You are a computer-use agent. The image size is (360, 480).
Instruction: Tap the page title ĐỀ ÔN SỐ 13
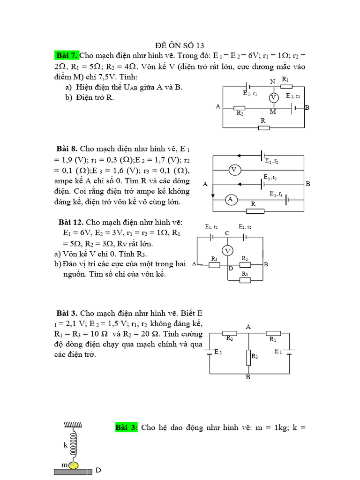tap(180, 45)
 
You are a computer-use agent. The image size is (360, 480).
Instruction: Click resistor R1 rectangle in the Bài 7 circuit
tap(286, 86)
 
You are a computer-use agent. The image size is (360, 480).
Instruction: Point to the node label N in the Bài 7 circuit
tap(273, 81)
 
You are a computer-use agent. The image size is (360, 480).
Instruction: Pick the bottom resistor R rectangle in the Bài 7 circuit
tap(264, 127)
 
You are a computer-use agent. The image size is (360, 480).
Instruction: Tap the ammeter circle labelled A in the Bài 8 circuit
tap(230, 200)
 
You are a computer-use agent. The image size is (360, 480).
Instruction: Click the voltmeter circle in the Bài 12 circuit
tap(228, 251)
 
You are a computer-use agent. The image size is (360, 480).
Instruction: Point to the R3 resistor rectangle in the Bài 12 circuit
tap(245, 280)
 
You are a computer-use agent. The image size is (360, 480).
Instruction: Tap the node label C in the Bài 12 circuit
tap(227, 233)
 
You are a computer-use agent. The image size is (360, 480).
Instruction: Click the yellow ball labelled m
tap(74, 465)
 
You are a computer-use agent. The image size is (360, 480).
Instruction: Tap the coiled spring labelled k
tap(74, 445)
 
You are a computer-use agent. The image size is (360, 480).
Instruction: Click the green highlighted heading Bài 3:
tap(126, 427)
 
